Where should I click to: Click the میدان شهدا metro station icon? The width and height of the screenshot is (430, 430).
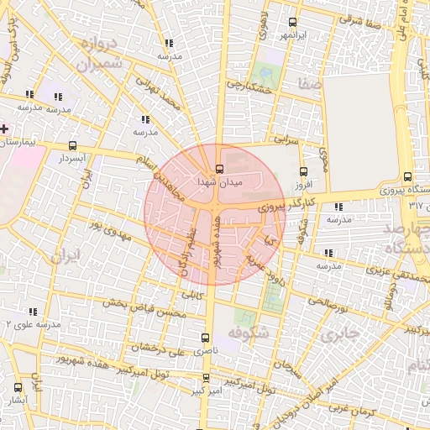coord(219,168)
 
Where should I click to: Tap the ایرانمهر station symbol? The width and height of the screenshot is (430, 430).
coord(292,23)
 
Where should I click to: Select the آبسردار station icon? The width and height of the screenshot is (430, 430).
coord(72,145)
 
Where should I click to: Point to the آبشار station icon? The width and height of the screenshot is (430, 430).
coord(18,387)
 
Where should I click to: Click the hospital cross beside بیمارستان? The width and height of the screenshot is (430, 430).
coord(5,128)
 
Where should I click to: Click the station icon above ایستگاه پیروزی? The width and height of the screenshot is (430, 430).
coord(408,176)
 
